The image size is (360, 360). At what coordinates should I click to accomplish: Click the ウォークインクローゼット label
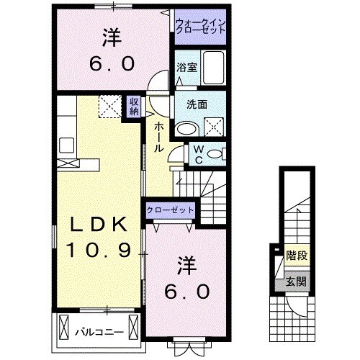tap(201, 27)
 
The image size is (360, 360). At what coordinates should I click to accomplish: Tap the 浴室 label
tap(186, 68)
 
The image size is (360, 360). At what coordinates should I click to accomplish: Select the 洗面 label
tap(197, 104)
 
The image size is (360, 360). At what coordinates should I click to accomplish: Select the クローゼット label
tap(170, 210)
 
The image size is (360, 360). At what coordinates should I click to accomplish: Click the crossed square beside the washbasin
tap(214, 128)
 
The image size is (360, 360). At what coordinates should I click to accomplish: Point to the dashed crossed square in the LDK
tap(109, 107)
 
